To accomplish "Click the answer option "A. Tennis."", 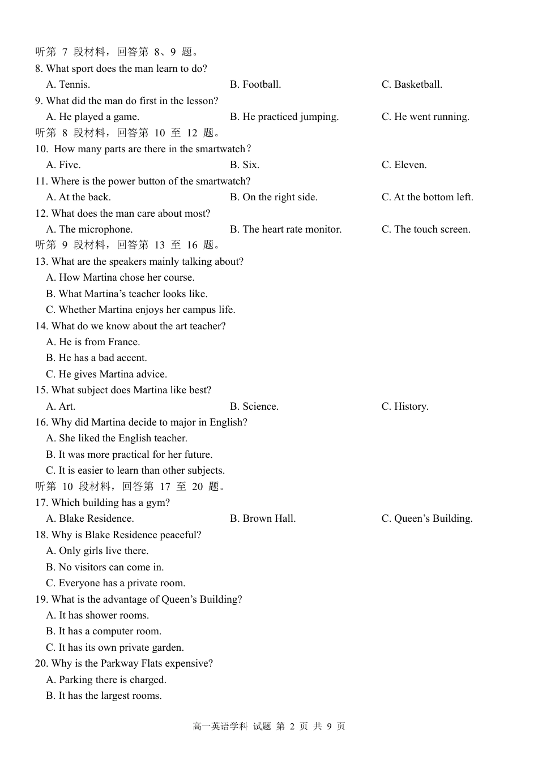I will (68, 85).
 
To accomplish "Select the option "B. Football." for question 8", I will (255, 85).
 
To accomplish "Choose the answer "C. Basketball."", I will (412, 85).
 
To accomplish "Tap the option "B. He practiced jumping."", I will (284, 117).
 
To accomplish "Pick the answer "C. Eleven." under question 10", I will (404, 165).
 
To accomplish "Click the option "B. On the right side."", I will (274, 197).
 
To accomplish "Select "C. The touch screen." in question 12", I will (426, 230).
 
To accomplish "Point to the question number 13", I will (41, 262).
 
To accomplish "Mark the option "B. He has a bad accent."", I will (96, 358).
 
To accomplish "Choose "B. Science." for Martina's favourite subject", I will (254, 407).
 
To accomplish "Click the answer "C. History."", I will (405, 407).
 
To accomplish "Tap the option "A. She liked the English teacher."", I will (117, 439).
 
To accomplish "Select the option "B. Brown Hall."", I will (263, 519).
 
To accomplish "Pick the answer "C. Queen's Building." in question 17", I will (427, 519).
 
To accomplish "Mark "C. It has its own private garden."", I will (115, 648).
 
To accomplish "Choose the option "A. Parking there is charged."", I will (106, 680).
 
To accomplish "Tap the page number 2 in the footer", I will (292, 727).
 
